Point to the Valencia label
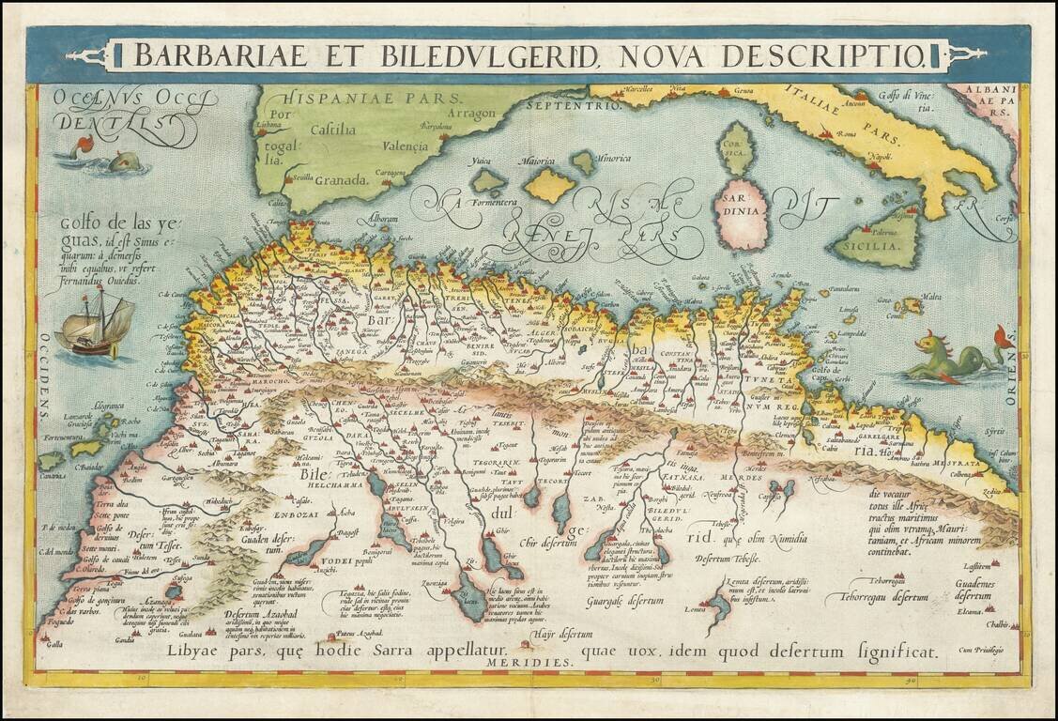[401, 146]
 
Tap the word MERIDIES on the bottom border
[529, 662]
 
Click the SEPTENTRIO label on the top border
[561, 104]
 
